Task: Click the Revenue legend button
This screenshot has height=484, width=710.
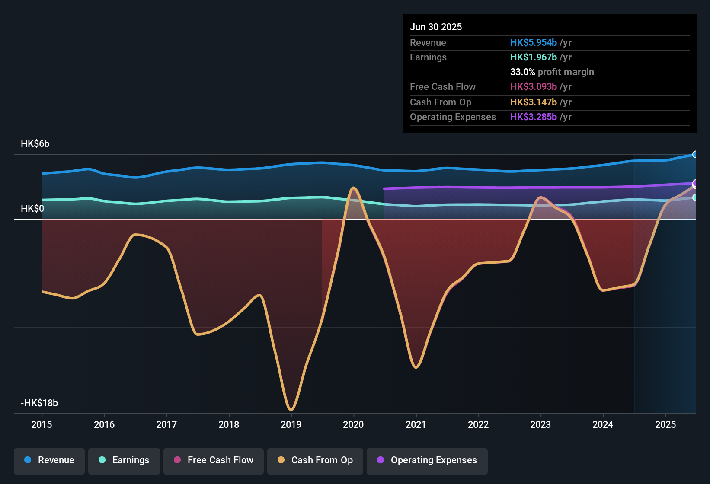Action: [49, 460]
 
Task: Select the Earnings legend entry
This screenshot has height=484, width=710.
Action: [124, 460]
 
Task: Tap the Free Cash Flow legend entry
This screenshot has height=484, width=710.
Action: [213, 460]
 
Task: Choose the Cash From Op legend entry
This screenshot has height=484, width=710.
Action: [315, 460]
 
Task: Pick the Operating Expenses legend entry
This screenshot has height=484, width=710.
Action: [427, 460]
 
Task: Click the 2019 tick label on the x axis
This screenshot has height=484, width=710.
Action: [291, 424]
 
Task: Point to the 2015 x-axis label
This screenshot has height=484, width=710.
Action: [42, 424]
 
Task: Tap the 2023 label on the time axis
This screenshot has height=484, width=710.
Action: [540, 424]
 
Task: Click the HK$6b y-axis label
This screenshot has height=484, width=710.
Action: [35, 144]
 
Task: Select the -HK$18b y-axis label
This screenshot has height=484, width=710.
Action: [39, 403]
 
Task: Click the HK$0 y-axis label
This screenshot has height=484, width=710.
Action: [32, 209]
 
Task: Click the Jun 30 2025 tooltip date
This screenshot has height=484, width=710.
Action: [436, 27]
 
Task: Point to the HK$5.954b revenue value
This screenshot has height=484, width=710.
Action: [533, 43]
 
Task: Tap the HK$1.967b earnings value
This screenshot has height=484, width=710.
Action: [533, 57]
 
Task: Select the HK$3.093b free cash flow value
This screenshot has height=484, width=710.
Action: [533, 87]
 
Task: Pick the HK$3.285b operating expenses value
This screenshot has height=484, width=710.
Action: [533, 117]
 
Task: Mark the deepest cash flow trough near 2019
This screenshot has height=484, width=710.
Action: [291, 409]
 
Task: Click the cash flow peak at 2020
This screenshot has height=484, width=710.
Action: [354, 188]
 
